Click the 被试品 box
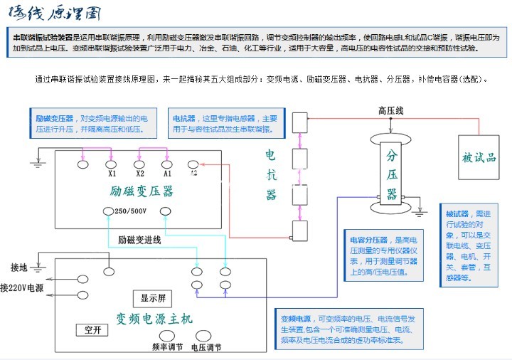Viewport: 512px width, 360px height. click(x=479, y=157)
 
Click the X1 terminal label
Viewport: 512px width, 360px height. click(x=112, y=173)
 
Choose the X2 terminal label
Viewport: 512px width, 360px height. click(x=139, y=173)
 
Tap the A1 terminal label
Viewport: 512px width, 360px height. click(x=167, y=173)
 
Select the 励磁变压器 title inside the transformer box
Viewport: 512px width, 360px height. click(x=142, y=191)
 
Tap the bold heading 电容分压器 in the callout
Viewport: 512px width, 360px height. click(x=368, y=240)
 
